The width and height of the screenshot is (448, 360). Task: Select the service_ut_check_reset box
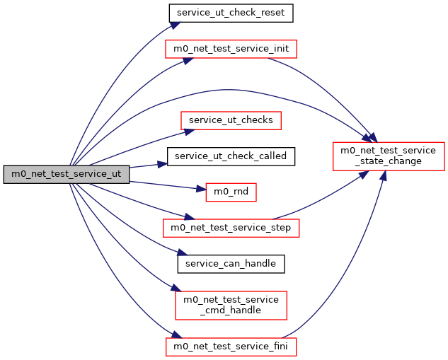pyautogui.click(x=231, y=13)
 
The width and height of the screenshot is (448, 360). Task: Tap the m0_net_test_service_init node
pyautogui.click(x=231, y=49)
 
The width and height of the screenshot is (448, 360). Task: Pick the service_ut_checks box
pyautogui.click(x=231, y=120)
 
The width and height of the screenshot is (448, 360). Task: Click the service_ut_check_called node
pyautogui.click(x=230, y=155)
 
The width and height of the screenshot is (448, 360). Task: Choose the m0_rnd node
pyautogui.click(x=231, y=192)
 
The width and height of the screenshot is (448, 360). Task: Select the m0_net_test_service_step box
pyautogui.click(x=231, y=228)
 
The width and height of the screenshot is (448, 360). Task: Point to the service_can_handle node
pyautogui.click(x=231, y=263)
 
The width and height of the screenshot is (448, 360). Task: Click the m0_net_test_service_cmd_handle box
pyautogui.click(x=231, y=305)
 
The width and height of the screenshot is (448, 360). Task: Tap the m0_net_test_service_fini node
pyautogui.click(x=231, y=347)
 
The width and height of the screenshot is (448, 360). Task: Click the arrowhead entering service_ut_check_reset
pyautogui.click(x=173, y=25)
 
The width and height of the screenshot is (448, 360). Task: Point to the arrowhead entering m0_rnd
pyautogui.click(x=200, y=190)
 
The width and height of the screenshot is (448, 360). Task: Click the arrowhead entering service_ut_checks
pyautogui.click(x=188, y=130)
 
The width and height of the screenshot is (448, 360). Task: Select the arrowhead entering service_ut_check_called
pyautogui.click(x=162, y=163)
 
